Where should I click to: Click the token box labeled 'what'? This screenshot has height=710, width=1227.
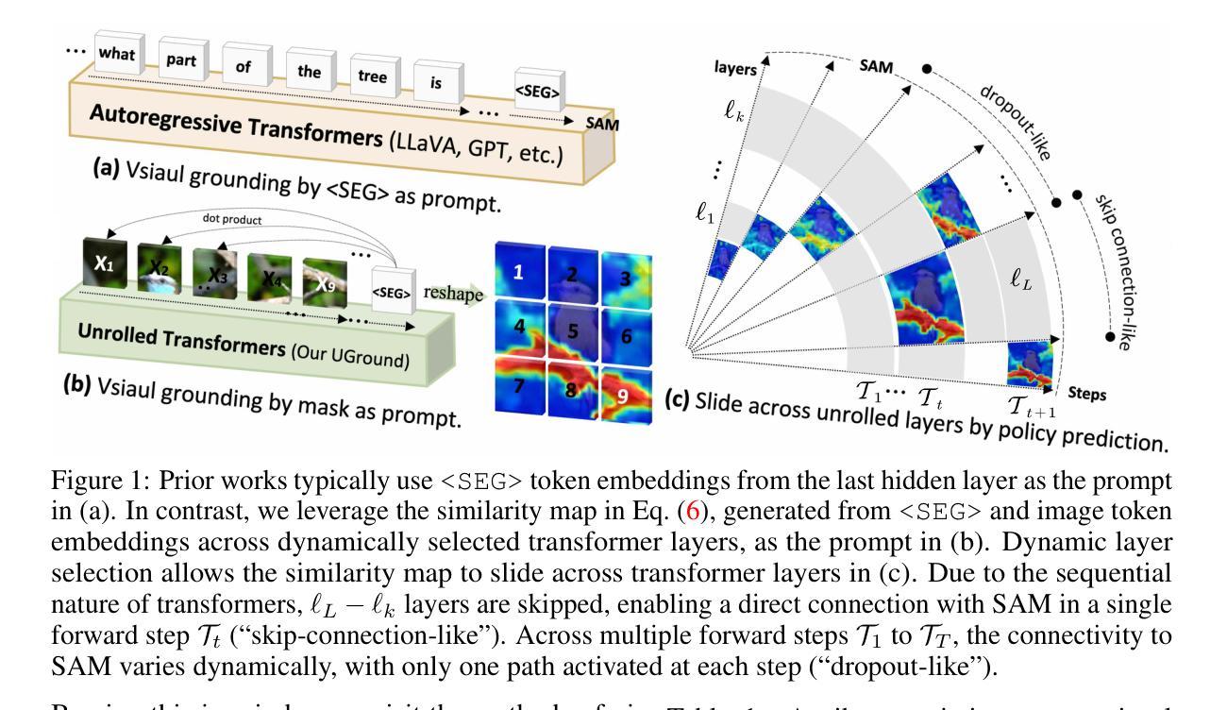click(116, 54)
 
